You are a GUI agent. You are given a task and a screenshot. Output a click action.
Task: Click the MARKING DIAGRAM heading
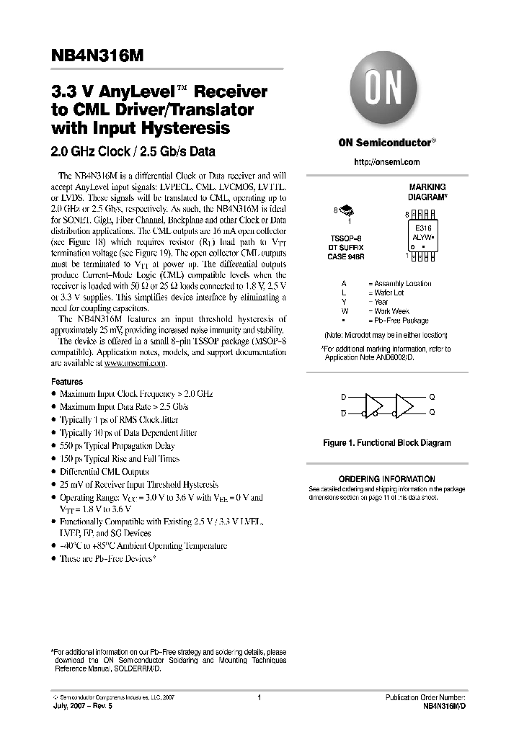pos(427,191)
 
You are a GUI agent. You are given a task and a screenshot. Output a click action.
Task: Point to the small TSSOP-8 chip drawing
pos(346,210)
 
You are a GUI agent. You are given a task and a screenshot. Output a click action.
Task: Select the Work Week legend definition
pos(391,311)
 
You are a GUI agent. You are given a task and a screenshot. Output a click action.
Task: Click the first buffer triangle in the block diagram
pos(376,405)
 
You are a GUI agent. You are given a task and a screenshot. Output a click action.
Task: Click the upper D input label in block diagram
pos(343,397)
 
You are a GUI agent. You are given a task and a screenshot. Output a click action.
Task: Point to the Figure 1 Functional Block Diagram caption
pos(387,443)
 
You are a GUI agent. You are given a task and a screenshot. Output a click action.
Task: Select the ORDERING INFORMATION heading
pos(387,479)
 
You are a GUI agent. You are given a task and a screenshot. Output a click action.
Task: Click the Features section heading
pos(67,381)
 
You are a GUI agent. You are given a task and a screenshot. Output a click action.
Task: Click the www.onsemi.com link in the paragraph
pos(135,364)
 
